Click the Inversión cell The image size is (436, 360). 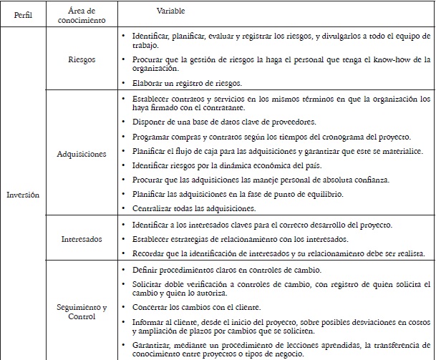coord(24,193)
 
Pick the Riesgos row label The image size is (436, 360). coord(80,61)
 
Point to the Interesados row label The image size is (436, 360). coord(80,239)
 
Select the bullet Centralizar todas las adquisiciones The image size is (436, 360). coord(194,208)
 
